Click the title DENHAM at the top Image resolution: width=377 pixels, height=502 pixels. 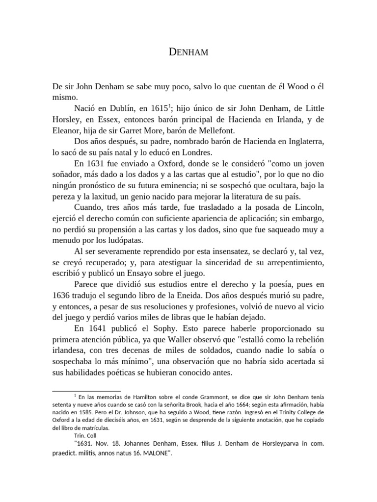[188, 51]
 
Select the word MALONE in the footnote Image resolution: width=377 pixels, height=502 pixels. [156, 453]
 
